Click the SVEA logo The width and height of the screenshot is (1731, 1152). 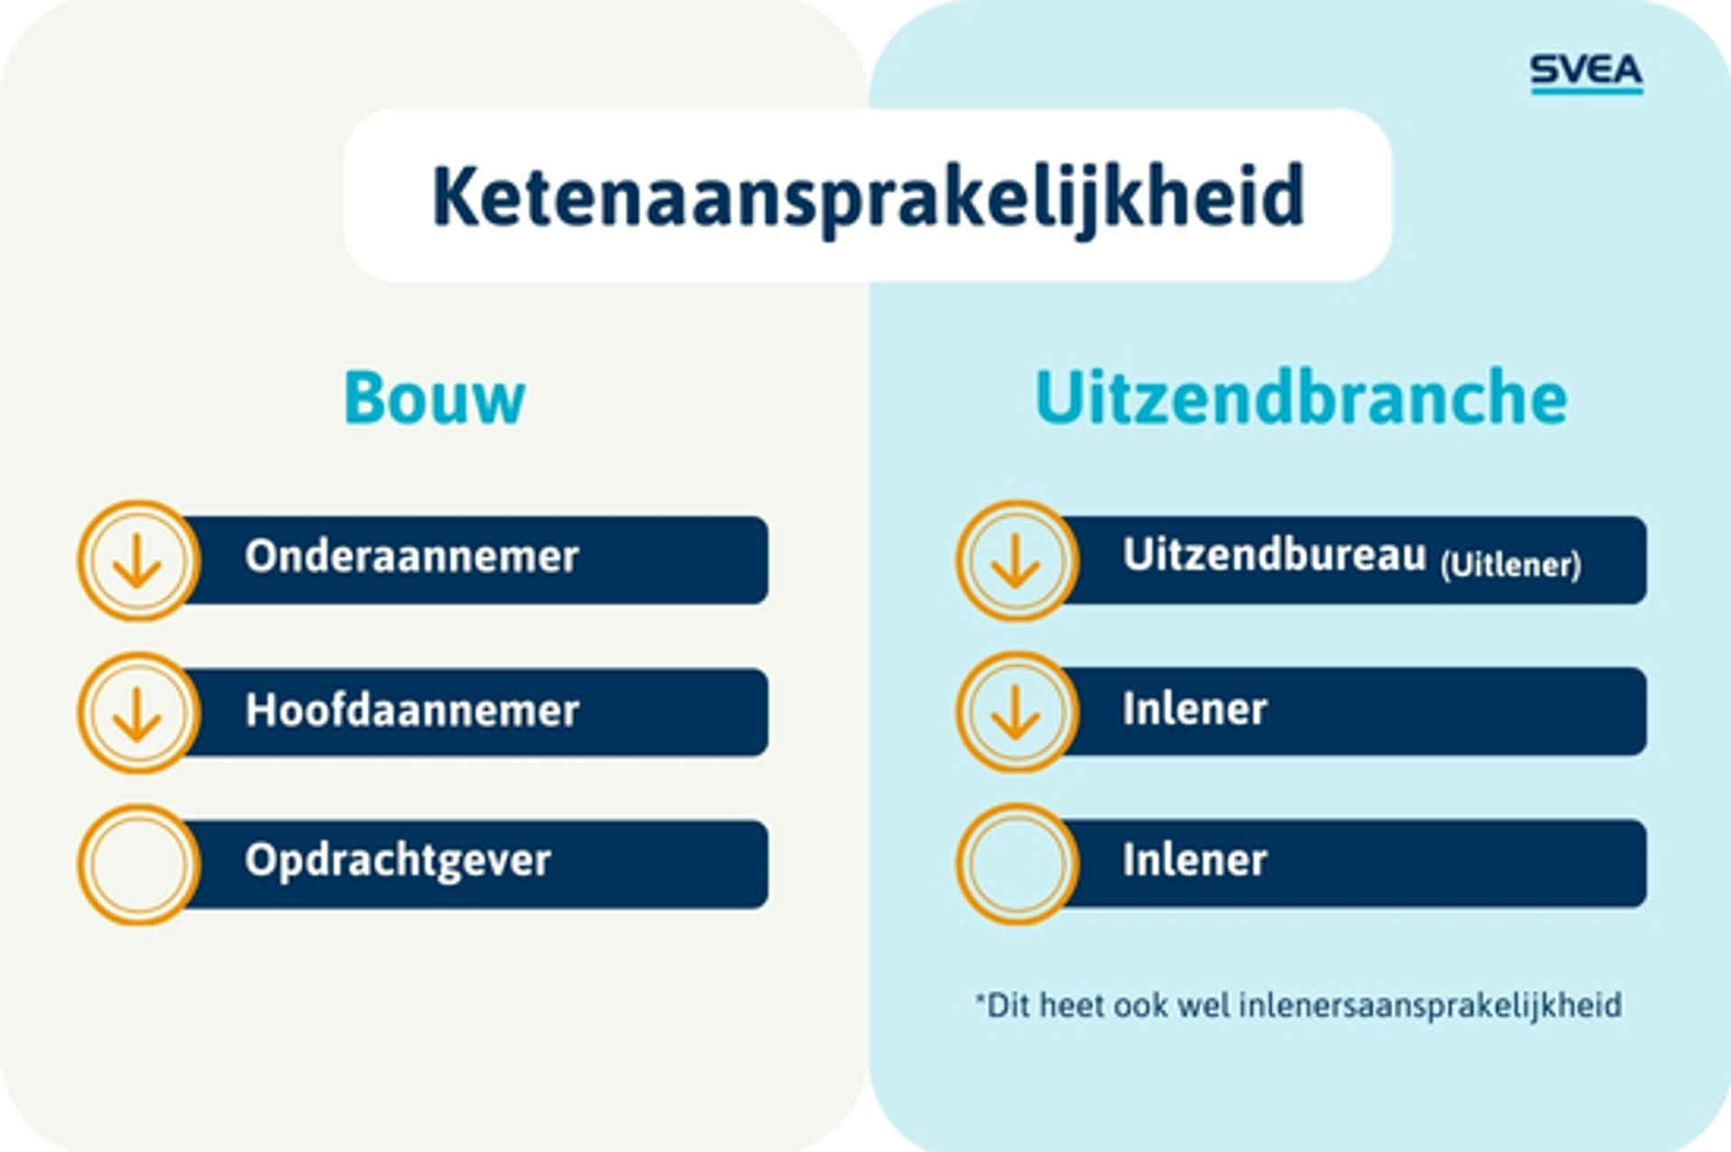1586,73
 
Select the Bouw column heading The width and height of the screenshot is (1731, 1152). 435,398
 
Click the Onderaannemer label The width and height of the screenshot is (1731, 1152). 411,556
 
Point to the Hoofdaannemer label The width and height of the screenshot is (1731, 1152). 412,710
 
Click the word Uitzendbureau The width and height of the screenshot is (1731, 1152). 1274,554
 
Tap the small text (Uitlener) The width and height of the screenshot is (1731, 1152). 1510,565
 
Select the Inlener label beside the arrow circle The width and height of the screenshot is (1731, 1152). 1195,709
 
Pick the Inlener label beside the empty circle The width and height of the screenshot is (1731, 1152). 1195,861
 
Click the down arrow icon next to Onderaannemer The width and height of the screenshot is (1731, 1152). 138,561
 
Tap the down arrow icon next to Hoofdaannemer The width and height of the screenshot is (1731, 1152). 138,713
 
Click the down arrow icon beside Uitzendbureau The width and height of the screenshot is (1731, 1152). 1016,561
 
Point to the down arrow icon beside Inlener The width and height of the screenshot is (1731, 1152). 1016,712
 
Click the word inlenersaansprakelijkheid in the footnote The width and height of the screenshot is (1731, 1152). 1430,1006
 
